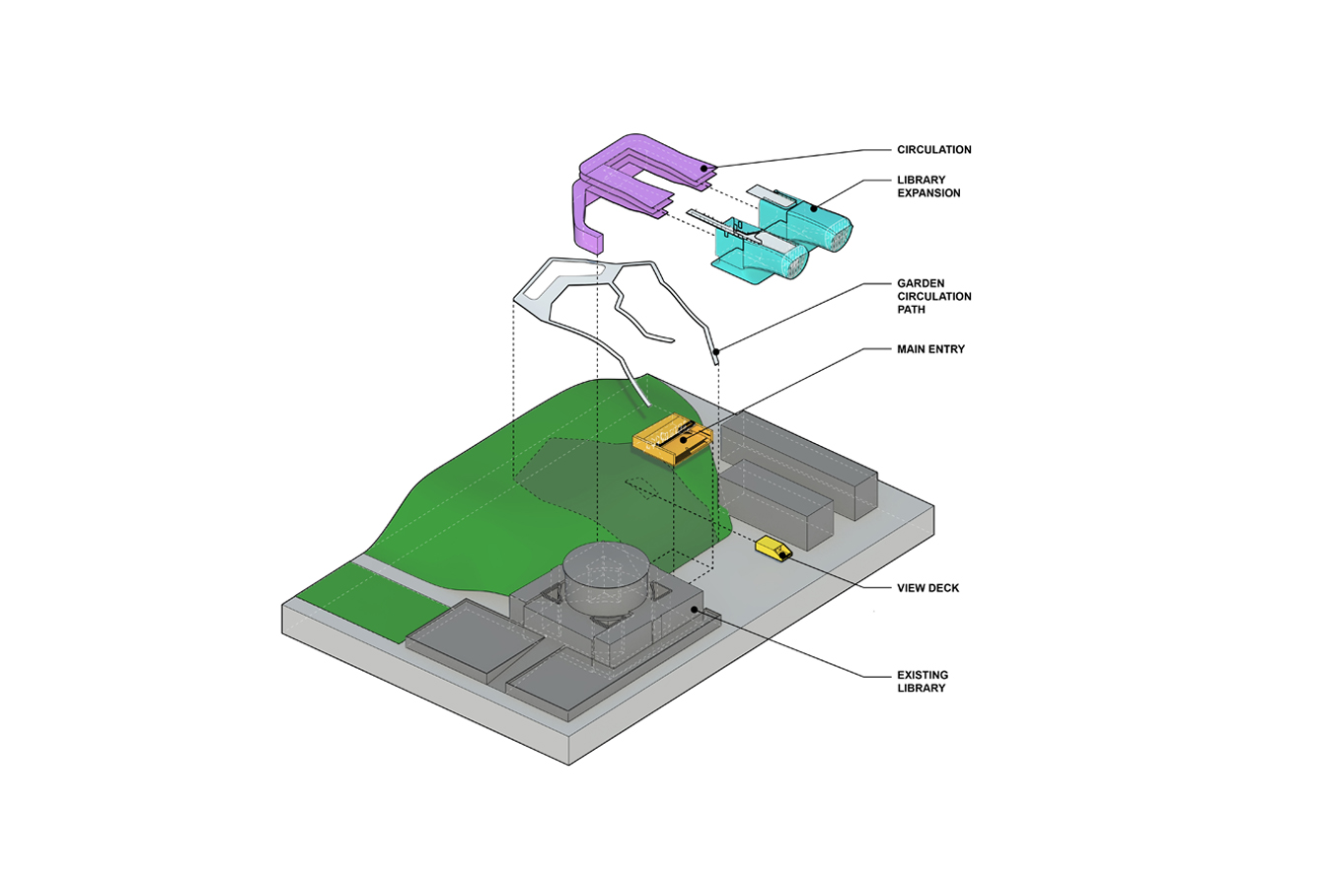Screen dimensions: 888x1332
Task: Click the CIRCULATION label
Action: (933, 150)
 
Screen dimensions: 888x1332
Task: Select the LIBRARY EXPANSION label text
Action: (927, 186)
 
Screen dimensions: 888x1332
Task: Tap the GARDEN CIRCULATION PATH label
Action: (933, 296)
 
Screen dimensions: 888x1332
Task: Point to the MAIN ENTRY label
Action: (930, 349)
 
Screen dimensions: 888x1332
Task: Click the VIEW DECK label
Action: (927, 588)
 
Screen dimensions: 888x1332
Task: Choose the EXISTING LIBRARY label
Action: (922, 682)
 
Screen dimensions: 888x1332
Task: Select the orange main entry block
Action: (671, 440)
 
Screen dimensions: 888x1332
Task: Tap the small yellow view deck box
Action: (773, 549)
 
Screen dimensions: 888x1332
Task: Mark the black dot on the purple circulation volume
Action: (704, 169)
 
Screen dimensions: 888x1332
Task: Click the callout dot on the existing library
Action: (696, 610)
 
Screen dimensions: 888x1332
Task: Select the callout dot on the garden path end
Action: (717, 350)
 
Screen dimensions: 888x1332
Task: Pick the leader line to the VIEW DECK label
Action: (829, 570)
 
